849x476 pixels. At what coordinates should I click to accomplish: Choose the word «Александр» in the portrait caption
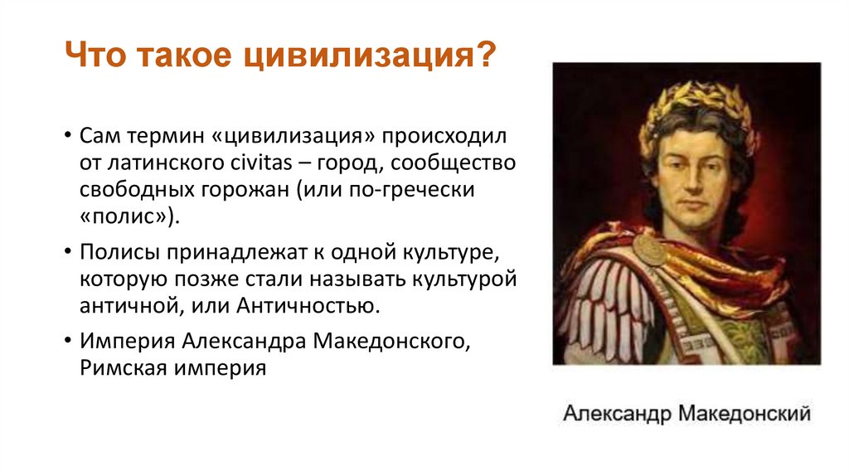pos(616,413)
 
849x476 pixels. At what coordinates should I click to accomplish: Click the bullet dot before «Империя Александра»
pos(66,341)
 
